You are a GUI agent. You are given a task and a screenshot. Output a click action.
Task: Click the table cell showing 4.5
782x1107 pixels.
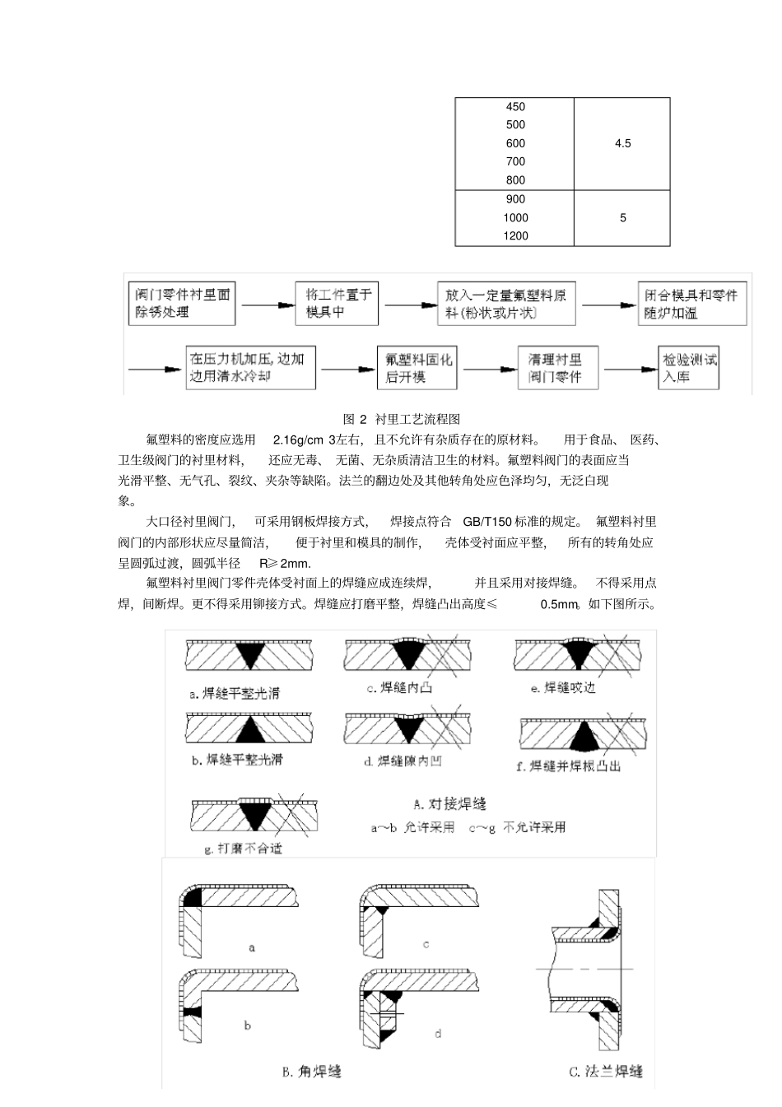click(x=622, y=143)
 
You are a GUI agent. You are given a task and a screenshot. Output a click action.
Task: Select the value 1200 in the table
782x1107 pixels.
click(x=515, y=236)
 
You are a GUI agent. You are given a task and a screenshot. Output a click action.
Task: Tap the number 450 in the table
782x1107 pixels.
click(x=515, y=107)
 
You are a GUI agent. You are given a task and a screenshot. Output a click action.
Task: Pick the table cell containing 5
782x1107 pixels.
click(x=622, y=218)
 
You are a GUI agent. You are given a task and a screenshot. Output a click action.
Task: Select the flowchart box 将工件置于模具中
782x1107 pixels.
click(x=337, y=303)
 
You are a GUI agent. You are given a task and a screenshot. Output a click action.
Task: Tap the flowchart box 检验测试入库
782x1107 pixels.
click(x=690, y=368)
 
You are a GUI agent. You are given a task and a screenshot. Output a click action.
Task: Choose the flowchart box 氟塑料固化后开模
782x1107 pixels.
click(x=417, y=368)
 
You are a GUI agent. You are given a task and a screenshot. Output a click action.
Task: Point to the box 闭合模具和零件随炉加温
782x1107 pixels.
click(x=691, y=303)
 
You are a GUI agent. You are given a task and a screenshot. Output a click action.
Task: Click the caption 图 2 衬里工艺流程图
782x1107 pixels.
click(x=401, y=419)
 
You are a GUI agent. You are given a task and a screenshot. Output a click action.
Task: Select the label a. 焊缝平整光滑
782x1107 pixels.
click(x=235, y=693)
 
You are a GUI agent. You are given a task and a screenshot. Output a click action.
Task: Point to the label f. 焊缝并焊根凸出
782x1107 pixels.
click(x=568, y=766)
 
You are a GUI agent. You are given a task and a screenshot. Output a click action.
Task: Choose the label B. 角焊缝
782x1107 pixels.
click(x=311, y=1071)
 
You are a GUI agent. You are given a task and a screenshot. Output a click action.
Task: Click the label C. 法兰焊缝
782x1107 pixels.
click(x=606, y=1071)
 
